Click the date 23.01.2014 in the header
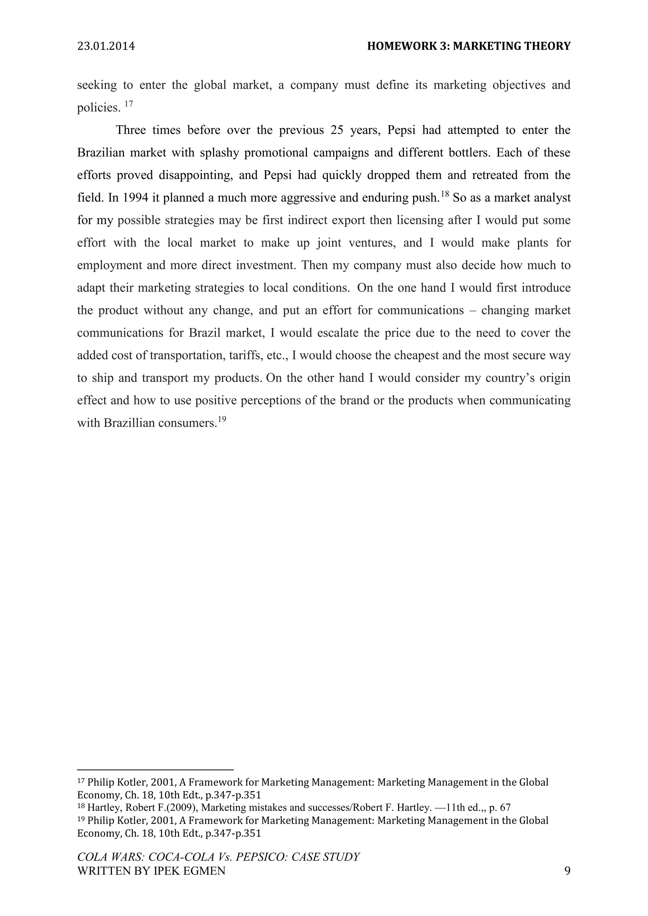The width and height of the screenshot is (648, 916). click(106, 46)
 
